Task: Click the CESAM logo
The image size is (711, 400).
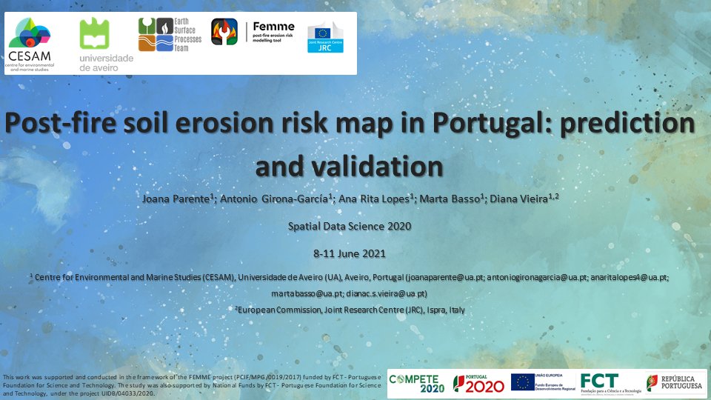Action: (x=30, y=41)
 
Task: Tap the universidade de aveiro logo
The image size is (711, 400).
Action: (x=107, y=44)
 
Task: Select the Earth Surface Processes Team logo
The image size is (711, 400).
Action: (x=170, y=35)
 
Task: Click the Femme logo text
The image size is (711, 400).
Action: (x=273, y=27)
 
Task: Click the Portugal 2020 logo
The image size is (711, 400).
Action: (x=478, y=382)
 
